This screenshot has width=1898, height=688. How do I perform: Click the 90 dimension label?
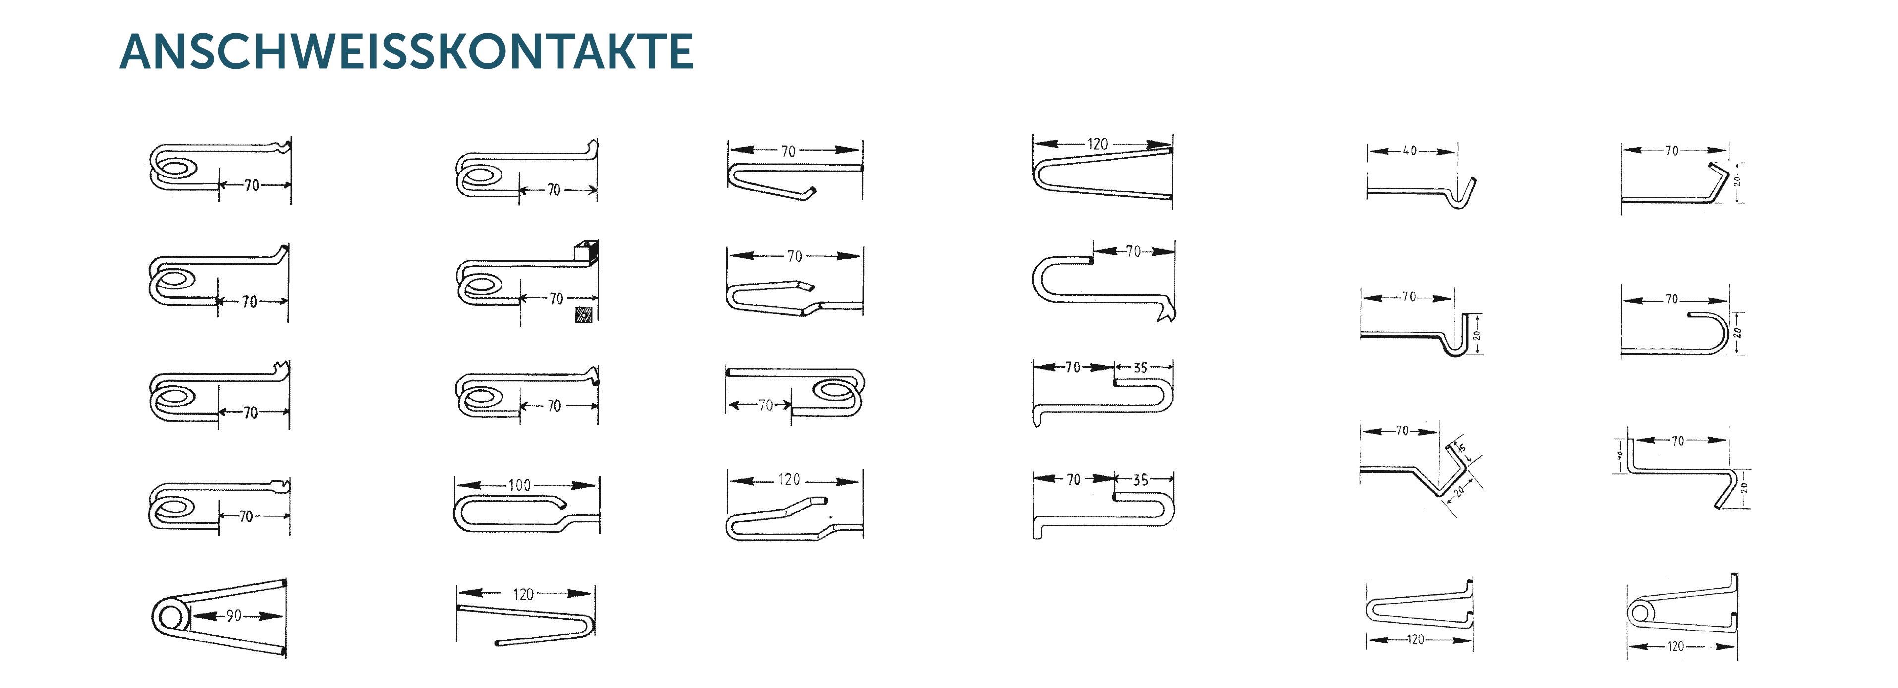point(233,615)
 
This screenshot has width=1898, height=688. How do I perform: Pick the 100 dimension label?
point(519,485)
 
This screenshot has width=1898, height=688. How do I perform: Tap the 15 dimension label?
point(1462,449)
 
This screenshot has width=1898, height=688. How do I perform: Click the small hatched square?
point(584,315)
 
